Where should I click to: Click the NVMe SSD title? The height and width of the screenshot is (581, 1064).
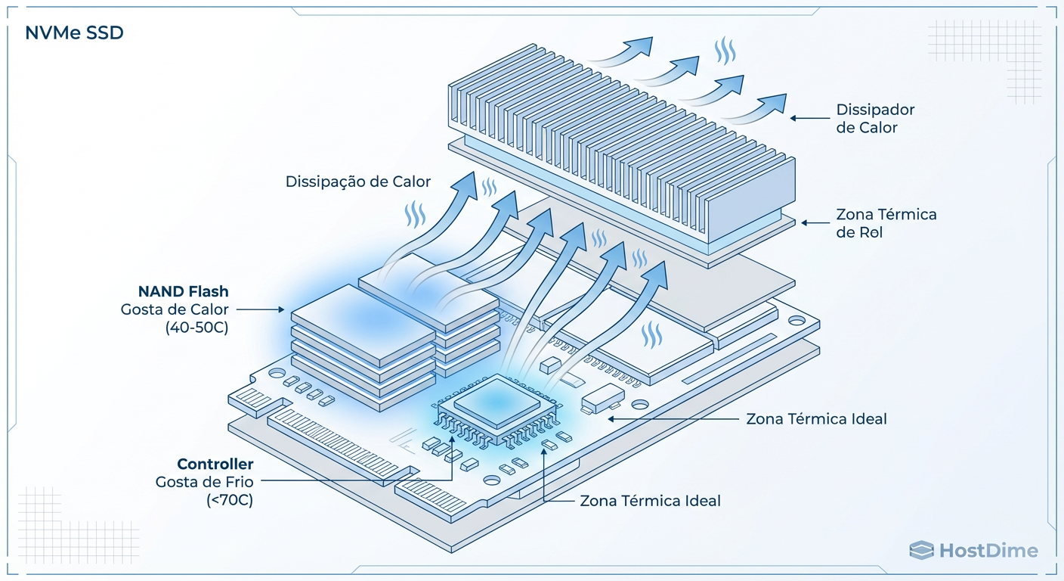74,33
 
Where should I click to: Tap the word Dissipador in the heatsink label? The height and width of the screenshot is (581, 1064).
875,110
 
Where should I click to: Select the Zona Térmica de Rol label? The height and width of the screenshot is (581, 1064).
886,223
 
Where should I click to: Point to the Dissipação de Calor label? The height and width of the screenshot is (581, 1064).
358,182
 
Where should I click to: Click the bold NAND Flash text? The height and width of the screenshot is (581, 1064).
183,291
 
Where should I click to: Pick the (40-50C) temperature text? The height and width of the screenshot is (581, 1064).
196,328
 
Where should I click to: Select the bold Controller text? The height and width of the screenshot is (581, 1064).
215,464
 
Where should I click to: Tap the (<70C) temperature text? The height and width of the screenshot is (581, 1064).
230,500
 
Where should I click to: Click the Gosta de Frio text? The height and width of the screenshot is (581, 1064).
204,482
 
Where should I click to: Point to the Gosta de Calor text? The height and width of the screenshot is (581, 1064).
175,309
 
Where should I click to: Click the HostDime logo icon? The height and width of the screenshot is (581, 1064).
921,551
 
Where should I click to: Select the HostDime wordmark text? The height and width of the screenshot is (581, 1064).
988,551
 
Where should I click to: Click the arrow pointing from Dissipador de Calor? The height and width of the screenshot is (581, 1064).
809,118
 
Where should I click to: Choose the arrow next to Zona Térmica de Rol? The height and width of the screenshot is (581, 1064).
815,222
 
